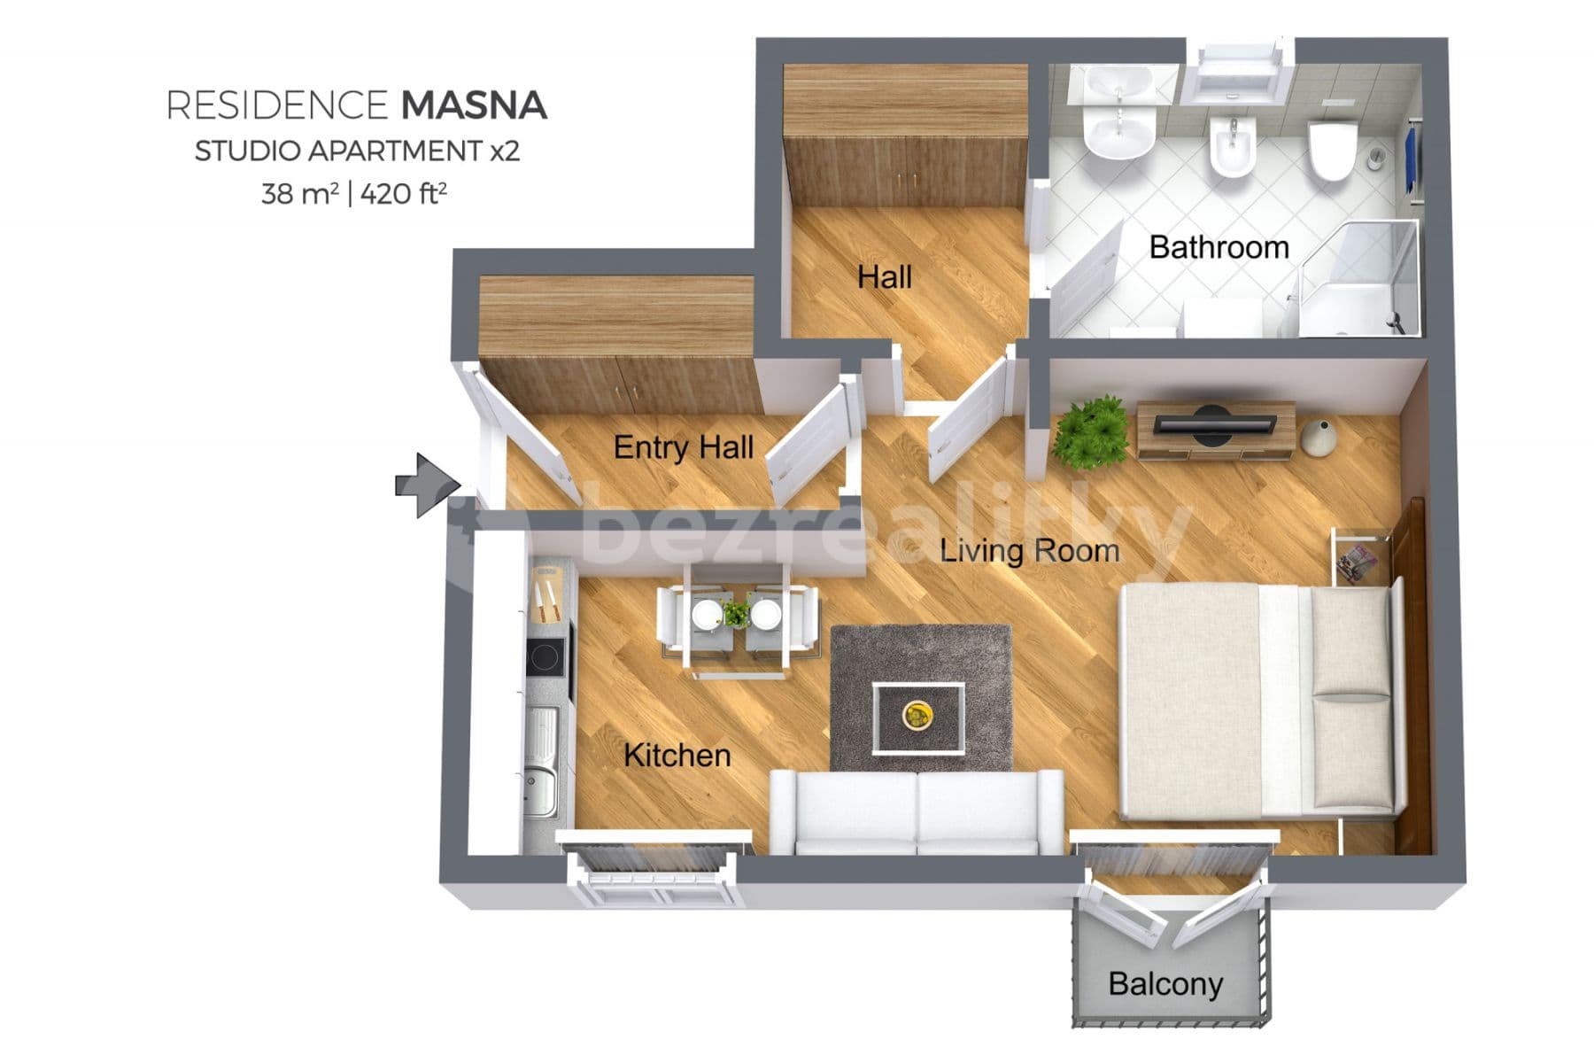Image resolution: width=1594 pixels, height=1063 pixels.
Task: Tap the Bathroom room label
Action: tap(1219, 247)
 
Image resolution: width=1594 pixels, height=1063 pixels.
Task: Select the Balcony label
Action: tap(1165, 983)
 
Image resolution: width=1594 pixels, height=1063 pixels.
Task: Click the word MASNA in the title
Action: tap(474, 105)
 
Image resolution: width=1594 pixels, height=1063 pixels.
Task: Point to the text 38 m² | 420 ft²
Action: tap(353, 193)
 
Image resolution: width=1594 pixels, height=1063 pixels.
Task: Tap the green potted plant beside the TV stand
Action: tap(1093, 431)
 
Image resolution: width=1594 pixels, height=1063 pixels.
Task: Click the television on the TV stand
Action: tap(1212, 423)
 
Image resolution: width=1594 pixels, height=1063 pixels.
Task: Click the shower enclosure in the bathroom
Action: tap(1359, 279)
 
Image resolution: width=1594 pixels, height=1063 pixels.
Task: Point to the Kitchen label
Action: tap(677, 756)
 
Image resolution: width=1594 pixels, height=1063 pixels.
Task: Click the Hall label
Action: tap(884, 277)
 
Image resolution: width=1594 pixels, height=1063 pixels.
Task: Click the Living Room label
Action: tap(1029, 551)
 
